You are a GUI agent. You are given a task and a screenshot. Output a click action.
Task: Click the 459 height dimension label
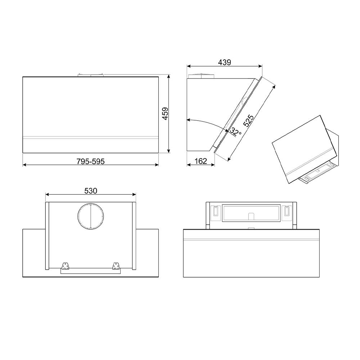click(165, 114)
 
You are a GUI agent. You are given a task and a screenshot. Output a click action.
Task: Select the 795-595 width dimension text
click(90, 161)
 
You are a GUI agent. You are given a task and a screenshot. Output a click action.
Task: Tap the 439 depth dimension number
click(224, 62)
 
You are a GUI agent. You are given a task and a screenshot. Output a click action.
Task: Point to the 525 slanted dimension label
click(248, 121)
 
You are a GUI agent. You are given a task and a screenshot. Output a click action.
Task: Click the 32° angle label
click(235, 132)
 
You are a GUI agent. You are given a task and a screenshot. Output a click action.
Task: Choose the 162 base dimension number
click(201, 161)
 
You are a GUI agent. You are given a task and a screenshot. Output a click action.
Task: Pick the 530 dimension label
click(91, 191)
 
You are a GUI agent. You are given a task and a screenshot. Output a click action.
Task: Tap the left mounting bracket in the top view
click(65, 266)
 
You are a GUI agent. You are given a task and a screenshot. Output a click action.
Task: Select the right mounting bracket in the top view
click(116, 266)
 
